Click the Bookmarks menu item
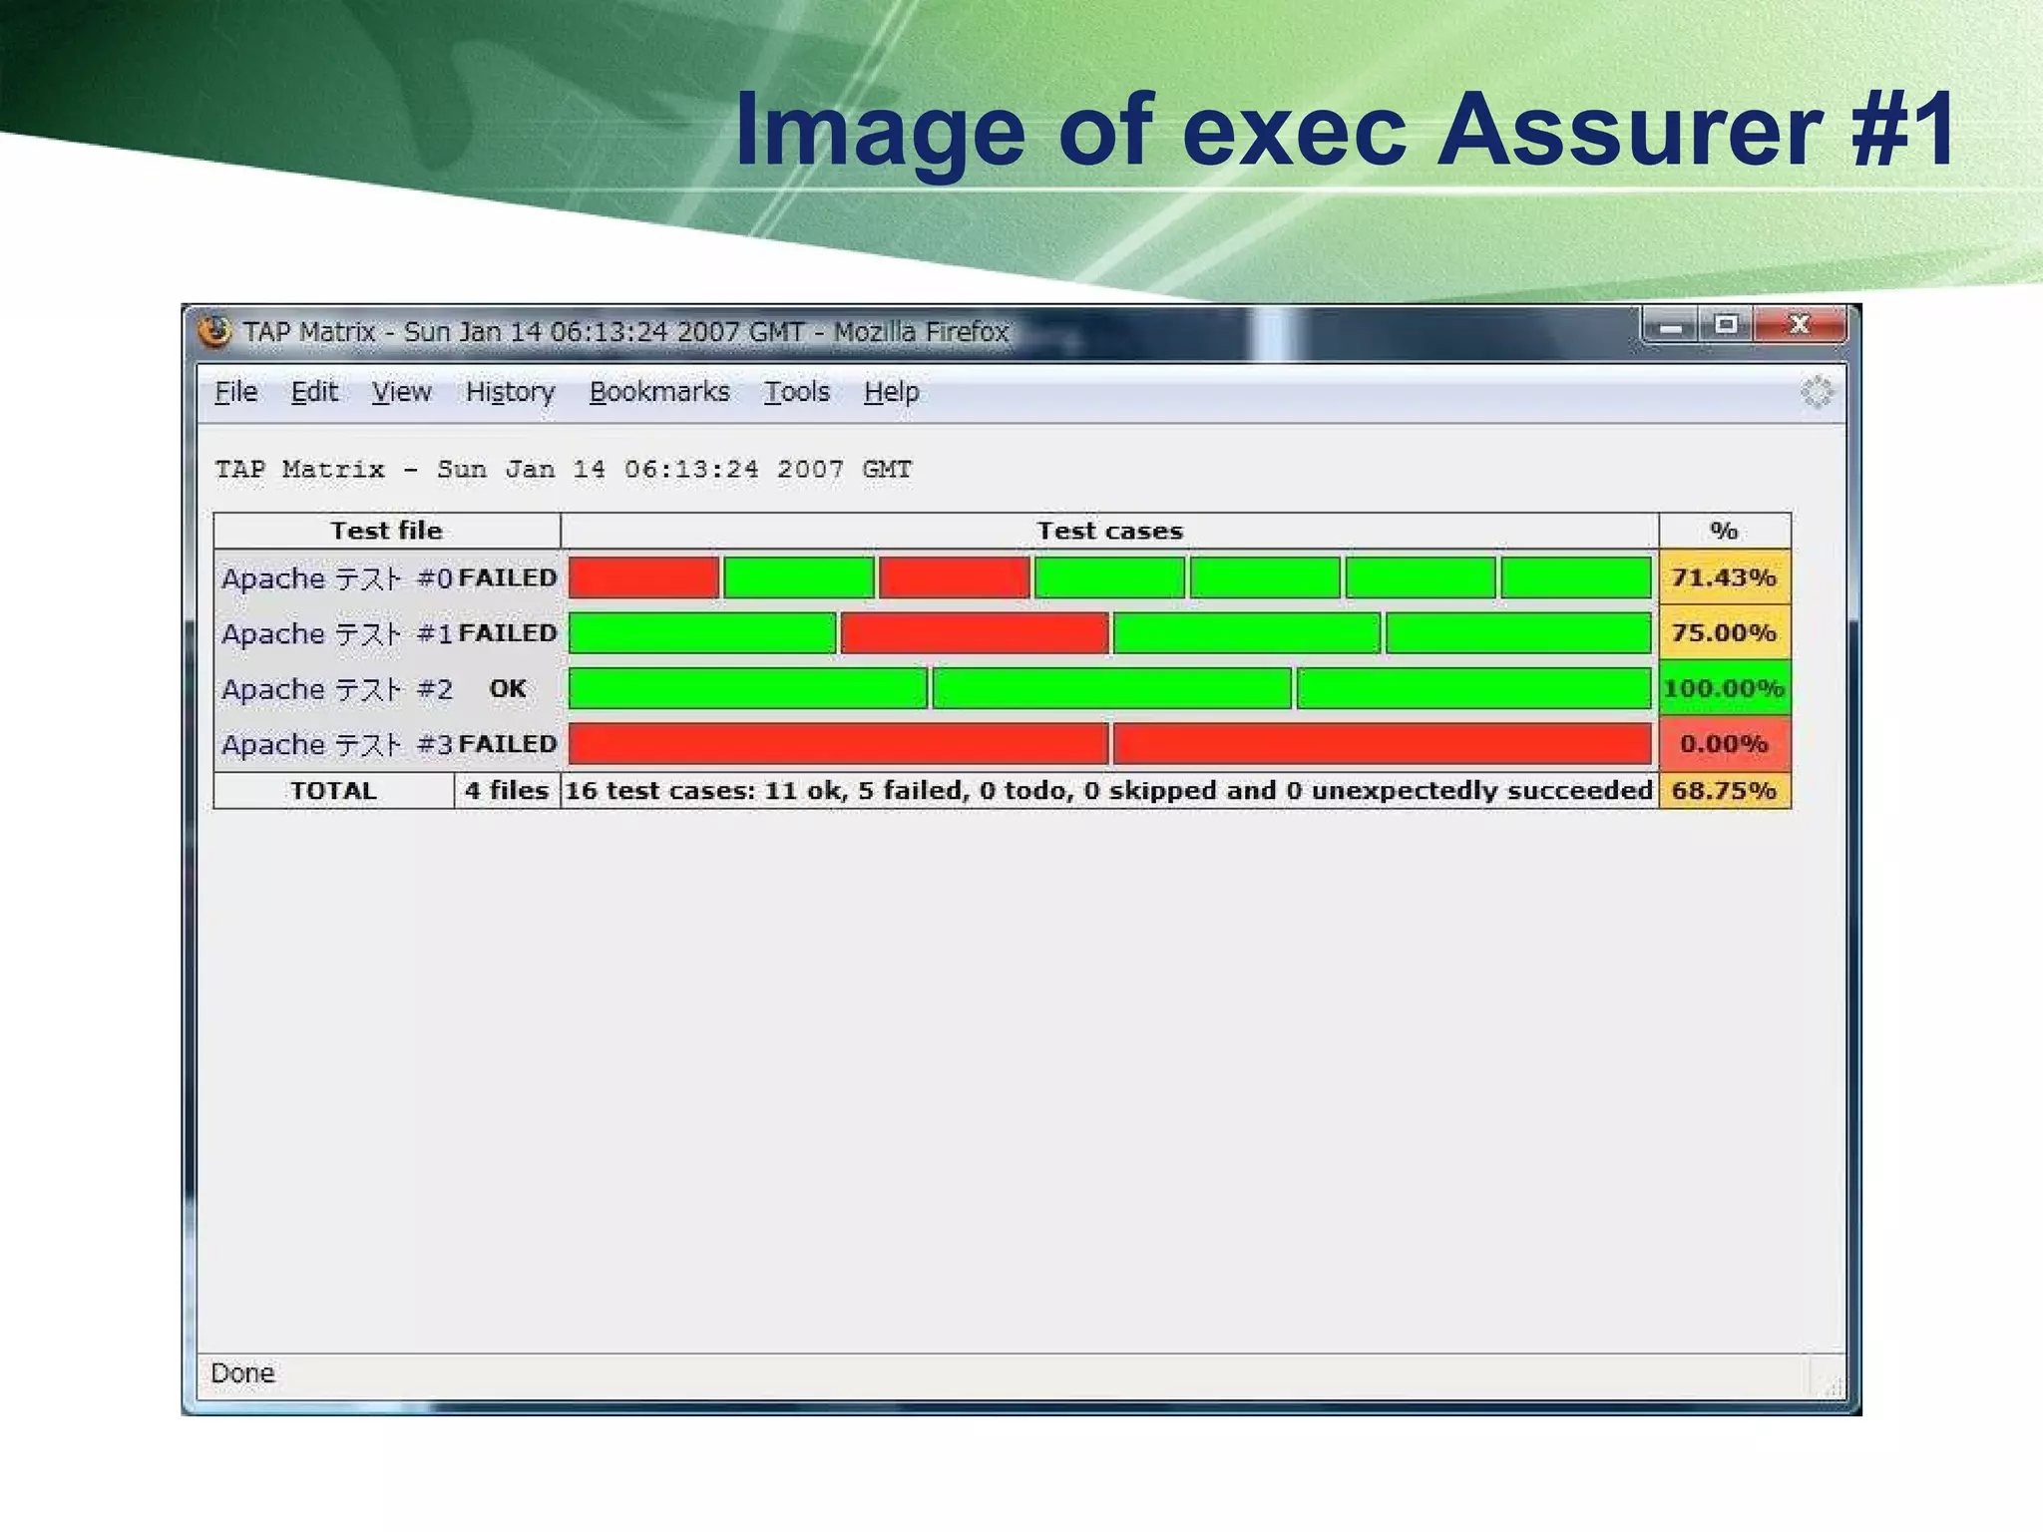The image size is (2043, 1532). coord(659,392)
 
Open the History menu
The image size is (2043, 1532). coord(510,392)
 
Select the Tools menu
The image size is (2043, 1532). coord(796,392)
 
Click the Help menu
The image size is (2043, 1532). coord(891,392)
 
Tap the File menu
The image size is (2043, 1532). coord(235,392)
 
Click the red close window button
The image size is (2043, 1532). coord(1799,325)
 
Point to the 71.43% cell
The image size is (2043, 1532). coord(1724,577)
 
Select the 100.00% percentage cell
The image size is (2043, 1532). coord(1724,688)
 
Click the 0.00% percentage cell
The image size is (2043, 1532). coord(1724,744)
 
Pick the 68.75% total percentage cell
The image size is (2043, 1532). coord(1724,791)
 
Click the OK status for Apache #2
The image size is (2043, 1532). coord(507,688)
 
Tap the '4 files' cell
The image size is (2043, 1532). coord(507,791)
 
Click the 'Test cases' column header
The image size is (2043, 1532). coord(1109,531)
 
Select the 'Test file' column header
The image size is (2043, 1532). coord(386,531)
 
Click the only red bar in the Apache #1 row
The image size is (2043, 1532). coord(974,633)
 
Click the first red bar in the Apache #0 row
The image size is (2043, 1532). coord(643,577)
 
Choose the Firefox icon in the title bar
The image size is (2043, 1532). coord(214,331)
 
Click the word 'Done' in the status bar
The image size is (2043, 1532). coord(242,1373)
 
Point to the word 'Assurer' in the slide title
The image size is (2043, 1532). coord(1629,130)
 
